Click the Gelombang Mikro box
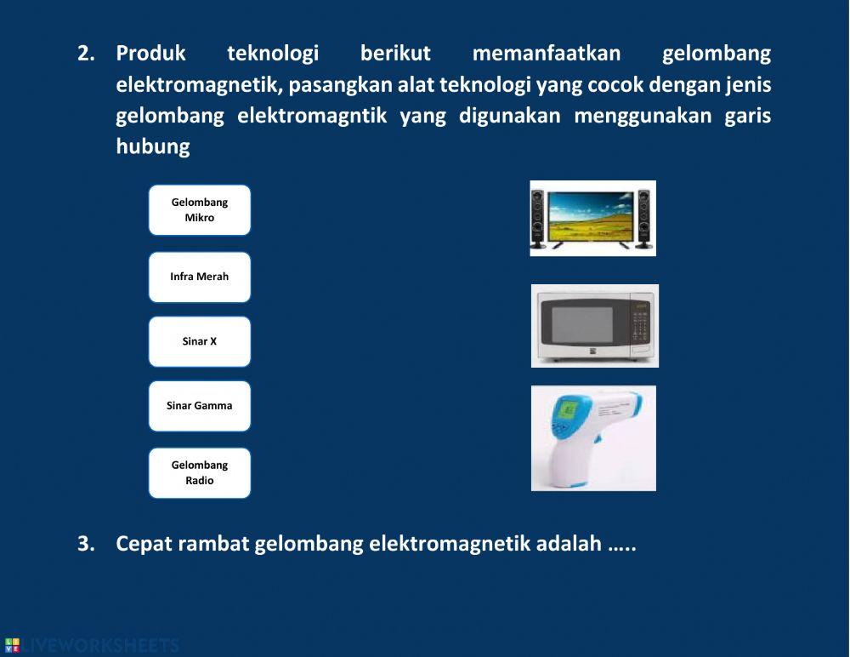pyautogui.click(x=200, y=210)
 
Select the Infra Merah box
pyautogui.click(x=200, y=277)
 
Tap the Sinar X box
pyautogui.click(x=200, y=341)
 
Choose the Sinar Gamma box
pyautogui.click(x=200, y=406)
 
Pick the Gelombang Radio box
pyautogui.click(x=200, y=473)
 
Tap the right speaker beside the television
pyautogui.click(x=643, y=219)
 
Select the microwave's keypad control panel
pyautogui.click(x=640, y=328)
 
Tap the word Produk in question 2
pyautogui.click(x=150, y=54)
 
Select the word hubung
pyautogui.click(x=152, y=146)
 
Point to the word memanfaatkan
pyautogui.click(x=546, y=54)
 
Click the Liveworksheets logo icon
pyautogui.click(x=11, y=645)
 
